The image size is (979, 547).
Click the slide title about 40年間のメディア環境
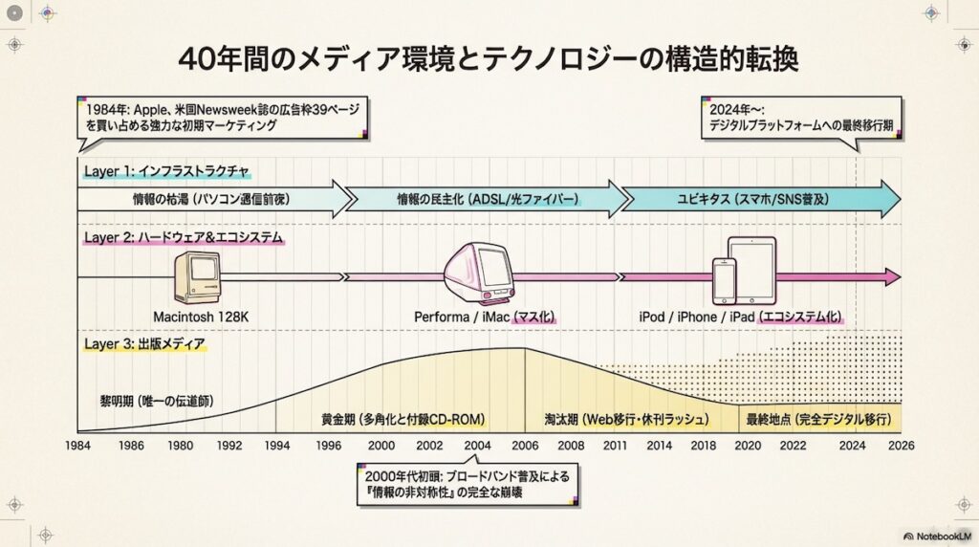(x=489, y=59)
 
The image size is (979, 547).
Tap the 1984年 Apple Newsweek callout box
(x=222, y=118)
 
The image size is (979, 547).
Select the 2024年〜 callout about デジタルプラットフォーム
(x=801, y=118)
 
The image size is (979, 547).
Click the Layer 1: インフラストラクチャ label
(x=166, y=172)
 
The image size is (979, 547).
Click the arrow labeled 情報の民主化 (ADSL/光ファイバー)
(x=487, y=200)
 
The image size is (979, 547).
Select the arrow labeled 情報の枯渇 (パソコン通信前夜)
(x=210, y=200)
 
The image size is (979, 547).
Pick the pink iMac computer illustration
(x=483, y=273)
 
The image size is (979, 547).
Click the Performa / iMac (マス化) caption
(x=484, y=317)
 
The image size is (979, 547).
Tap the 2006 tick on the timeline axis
(x=525, y=445)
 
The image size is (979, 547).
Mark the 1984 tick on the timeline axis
(x=78, y=445)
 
